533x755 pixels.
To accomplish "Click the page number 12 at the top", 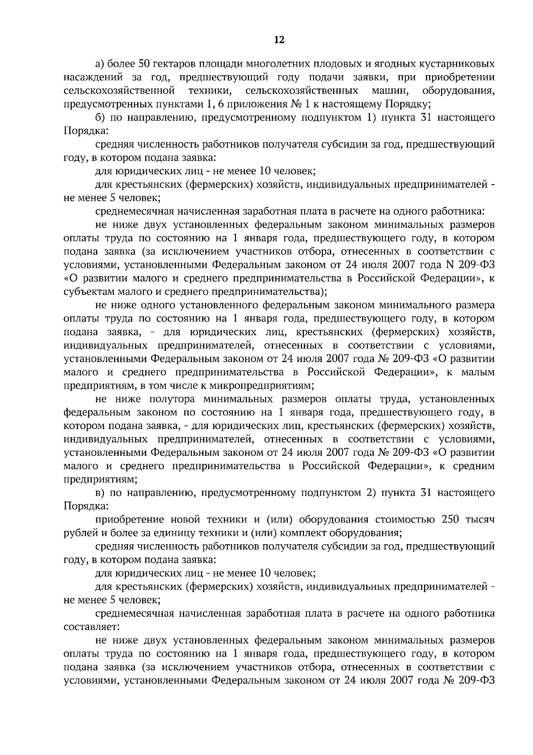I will [x=279, y=40].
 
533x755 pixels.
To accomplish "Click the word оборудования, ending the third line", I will [x=458, y=91].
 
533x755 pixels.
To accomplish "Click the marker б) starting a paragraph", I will [x=100, y=117].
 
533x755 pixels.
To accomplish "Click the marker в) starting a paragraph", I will [x=100, y=493].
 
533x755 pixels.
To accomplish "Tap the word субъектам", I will [x=86, y=292].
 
